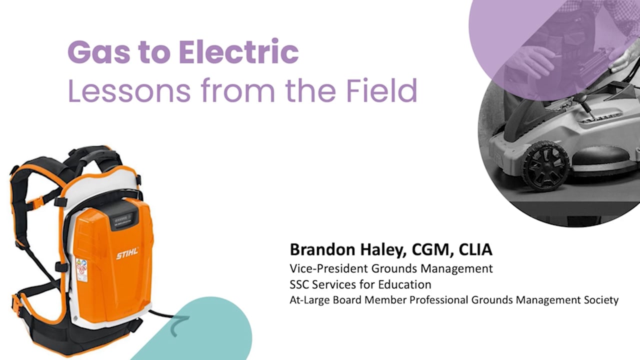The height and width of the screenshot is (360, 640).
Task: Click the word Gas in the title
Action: click(91, 52)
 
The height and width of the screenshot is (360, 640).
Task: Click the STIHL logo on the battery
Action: click(127, 254)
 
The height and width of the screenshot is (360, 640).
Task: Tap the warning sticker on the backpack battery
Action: click(81, 269)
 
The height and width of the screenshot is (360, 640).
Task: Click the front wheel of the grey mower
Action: click(547, 165)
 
